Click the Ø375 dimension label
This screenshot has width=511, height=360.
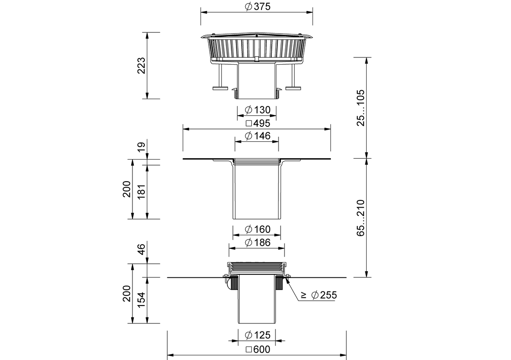pos(258,7)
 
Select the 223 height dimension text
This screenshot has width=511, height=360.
pos(141,66)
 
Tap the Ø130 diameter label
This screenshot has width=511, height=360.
pos(258,110)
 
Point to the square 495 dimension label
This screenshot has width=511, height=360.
pos(258,123)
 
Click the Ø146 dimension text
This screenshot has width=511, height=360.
pos(258,136)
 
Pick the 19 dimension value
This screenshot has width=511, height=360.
pos(141,147)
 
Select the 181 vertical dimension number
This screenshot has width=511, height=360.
pos(141,192)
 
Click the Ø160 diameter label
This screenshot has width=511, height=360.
pos(258,229)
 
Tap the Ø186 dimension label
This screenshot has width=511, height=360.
pos(258,243)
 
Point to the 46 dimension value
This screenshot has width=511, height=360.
pos(141,249)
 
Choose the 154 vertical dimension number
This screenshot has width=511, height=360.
pos(141,300)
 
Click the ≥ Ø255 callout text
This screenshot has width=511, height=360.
pos(319,295)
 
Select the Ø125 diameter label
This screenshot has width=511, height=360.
pos(258,335)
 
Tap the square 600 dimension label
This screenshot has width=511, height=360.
pos(258,349)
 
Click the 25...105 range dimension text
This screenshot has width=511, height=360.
pos(361,108)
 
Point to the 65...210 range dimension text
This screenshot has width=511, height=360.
pos(361,218)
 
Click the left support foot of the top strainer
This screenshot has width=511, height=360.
pos(220,88)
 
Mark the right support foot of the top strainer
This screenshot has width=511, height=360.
pos(293,88)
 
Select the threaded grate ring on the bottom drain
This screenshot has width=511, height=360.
pos(257,268)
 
